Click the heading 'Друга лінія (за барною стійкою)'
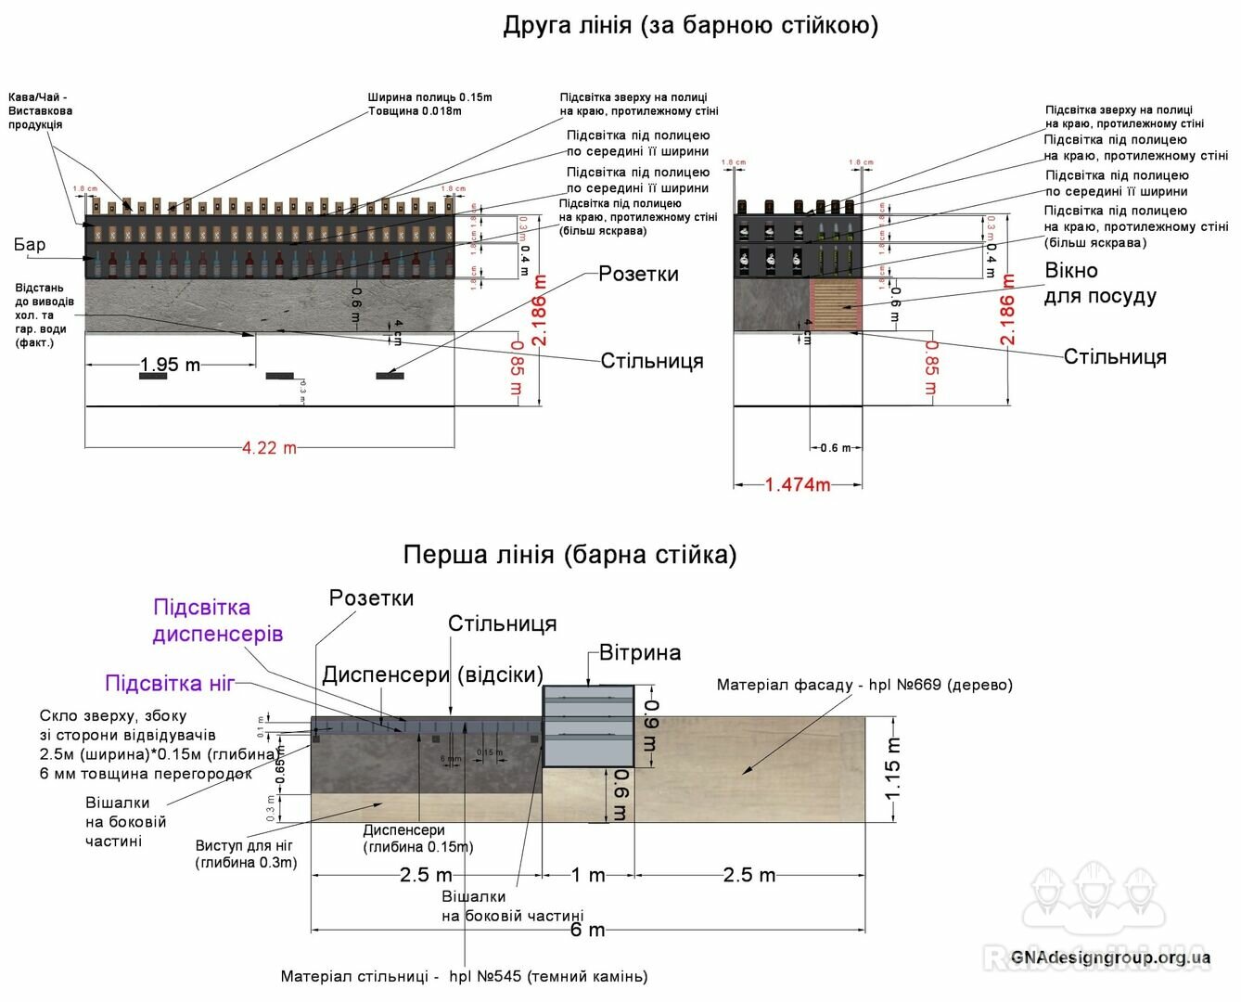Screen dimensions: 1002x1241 tap(690, 25)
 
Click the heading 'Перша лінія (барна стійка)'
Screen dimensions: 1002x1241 tap(569, 555)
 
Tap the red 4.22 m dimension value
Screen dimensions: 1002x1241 tap(269, 448)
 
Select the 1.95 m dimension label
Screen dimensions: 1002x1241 tap(170, 365)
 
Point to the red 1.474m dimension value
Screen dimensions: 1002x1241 tap(797, 484)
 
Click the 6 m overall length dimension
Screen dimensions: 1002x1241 tap(587, 930)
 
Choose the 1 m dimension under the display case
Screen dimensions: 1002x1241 tap(588, 875)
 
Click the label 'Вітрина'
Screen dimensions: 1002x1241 tap(640, 652)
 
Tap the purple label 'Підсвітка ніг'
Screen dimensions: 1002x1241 tap(170, 684)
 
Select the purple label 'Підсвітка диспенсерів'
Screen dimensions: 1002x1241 tap(217, 621)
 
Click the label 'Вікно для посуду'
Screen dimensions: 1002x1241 tap(1100, 283)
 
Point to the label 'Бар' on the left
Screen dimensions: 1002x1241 tap(30, 245)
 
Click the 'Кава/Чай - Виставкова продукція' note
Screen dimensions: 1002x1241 tap(40, 110)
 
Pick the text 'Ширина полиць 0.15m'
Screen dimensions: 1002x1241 tap(429, 97)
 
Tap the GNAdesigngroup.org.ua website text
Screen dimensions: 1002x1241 tap(1110, 957)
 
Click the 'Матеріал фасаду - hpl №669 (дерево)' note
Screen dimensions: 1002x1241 tap(864, 685)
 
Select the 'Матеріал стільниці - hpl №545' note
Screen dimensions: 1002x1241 tap(464, 976)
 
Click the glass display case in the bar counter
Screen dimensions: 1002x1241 tap(588, 726)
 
